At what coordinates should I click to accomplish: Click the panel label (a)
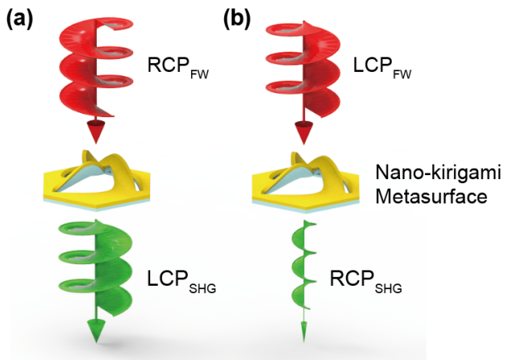click(21, 16)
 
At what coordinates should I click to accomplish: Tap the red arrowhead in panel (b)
click(304, 132)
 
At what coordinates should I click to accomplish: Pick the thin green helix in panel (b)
click(302, 258)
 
